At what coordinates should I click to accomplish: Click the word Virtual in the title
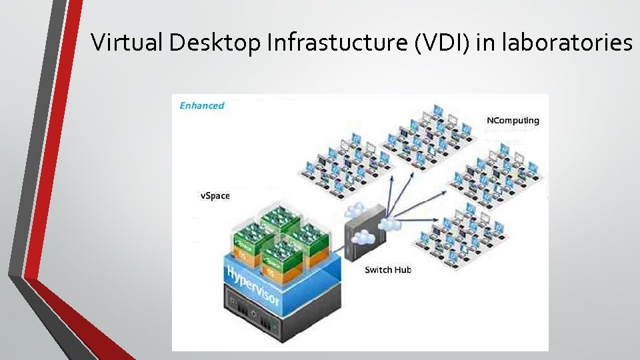pyautogui.click(x=127, y=43)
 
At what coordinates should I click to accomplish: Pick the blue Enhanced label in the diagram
pyautogui.click(x=202, y=105)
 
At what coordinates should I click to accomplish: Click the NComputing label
pyautogui.click(x=513, y=121)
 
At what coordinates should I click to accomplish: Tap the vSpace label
pyautogui.click(x=215, y=195)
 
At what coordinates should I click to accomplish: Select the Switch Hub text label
pyautogui.click(x=388, y=269)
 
